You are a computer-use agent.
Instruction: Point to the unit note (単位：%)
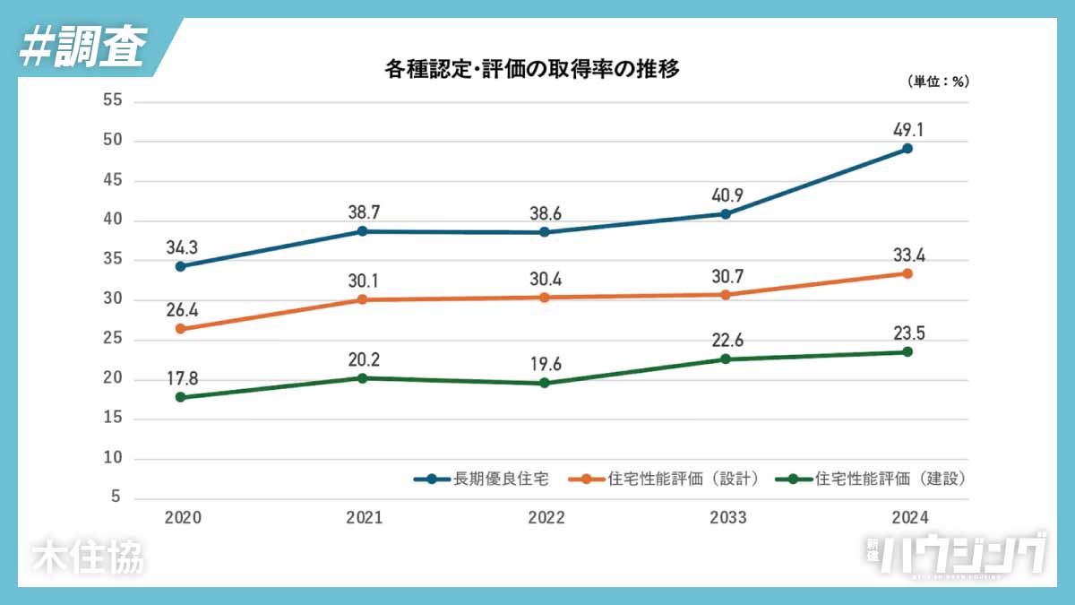point(938,82)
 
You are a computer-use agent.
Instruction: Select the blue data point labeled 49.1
point(907,149)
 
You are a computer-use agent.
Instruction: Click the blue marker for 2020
point(180,266)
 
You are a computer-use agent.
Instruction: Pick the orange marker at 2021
point(362,299)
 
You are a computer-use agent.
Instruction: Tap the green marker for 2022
point(544,384)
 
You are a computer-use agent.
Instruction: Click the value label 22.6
point(726,340)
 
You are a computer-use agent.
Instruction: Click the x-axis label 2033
point(726,518)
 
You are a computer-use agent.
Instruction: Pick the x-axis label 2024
point(907,518)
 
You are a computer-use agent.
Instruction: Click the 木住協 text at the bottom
point(87,557)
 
